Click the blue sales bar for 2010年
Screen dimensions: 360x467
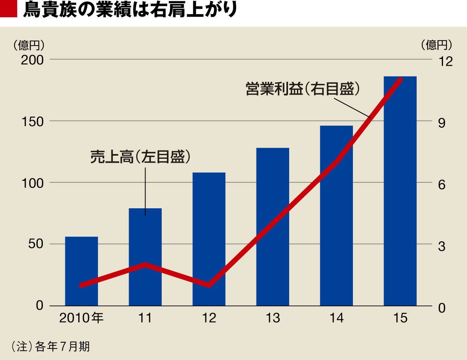(81, 271)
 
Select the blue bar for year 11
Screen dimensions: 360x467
(145, 257)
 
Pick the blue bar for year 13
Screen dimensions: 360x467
(273, 227)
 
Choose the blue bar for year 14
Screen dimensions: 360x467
(336, 216)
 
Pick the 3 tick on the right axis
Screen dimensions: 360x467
(441, 246)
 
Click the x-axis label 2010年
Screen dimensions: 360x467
(81, 318)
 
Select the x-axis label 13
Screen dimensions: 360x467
(273, 318)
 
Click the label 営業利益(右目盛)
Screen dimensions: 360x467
(303, 88)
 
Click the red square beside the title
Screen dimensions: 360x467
(9, 9)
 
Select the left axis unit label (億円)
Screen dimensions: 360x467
(28, 45)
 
